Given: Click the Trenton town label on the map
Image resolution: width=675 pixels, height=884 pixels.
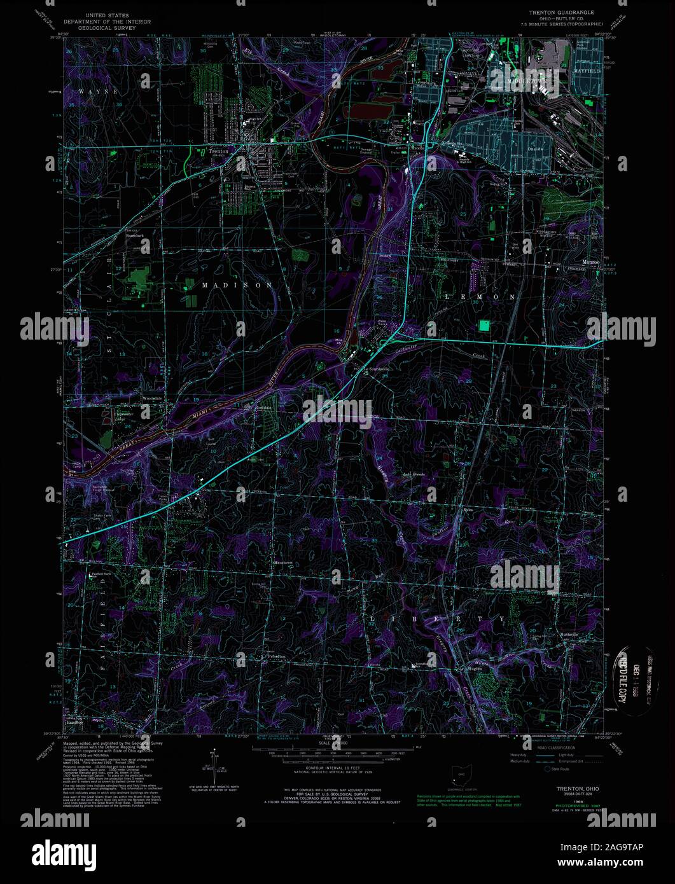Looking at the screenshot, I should [218, 152].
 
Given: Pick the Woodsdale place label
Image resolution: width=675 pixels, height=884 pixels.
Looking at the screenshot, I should [153, 399].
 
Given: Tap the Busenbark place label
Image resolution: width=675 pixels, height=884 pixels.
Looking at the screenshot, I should [136, 236].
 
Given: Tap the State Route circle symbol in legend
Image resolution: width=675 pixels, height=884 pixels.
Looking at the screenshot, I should [546, 769].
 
